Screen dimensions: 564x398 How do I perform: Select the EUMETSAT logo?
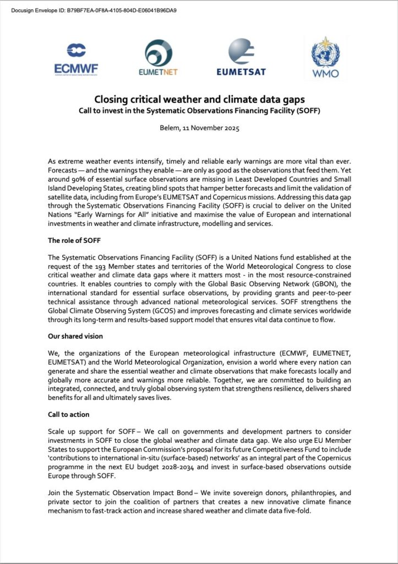tap(241, 57)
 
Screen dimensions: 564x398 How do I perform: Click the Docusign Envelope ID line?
tap(94, 10)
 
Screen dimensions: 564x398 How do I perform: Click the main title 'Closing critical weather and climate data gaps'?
tap(199, 99)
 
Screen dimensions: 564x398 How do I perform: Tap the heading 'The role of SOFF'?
tap(76, 240)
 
